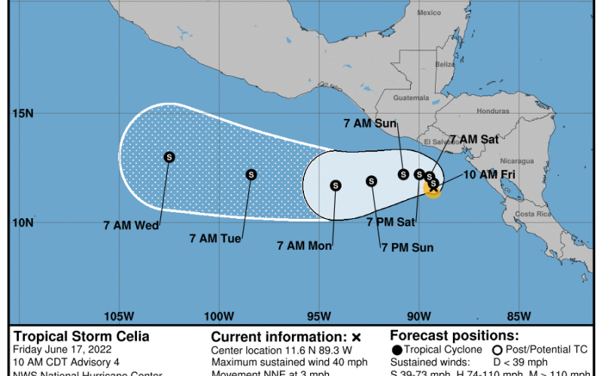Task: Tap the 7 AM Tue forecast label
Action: pyautogui.click(x=215, y=238)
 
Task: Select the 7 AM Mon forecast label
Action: pyautogui.click(x=305, y=245)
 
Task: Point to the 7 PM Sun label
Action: pyautogui.click(x=407, y=247)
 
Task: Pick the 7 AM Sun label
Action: pyautogui.click(x=370, y=123)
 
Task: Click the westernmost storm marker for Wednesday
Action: pyautogui.click(x=169, y=157)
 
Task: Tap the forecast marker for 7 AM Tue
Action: pyautogui.click(x=251, y=174)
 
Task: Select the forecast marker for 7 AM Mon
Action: pyautogui.click(x=336, y=185)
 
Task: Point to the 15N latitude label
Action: pyautogui.click(x=23, y=114)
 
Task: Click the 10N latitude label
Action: pyautogui.click(x=23, y=223)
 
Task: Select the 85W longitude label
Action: pyautogui.click(x=519, y=315)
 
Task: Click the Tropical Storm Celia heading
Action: pyautogui.click(x=81, y=336)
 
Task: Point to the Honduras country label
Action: pyautogui.click(x=494, y=111)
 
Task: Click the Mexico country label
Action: pyautogui.click(x=429, y=13)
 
